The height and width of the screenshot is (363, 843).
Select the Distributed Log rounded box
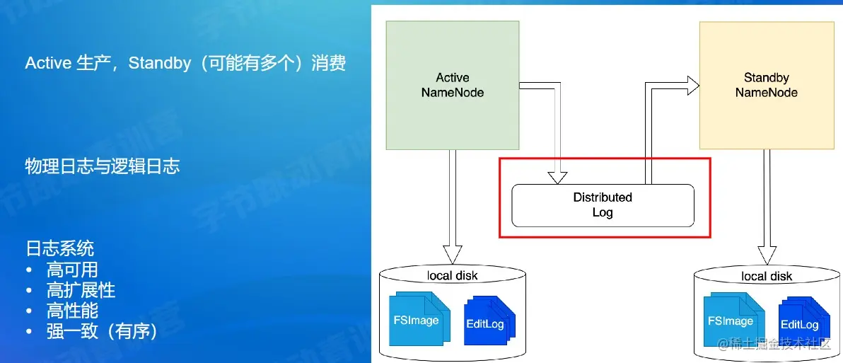point(603,205)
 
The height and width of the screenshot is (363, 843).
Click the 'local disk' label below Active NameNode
point(452,275)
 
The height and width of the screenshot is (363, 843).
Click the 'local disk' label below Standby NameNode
point(767,276)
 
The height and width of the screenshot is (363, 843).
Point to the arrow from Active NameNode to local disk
point(453,205)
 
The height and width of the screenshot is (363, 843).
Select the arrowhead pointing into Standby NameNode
point(691,86)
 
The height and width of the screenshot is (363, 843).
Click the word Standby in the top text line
point(160,63)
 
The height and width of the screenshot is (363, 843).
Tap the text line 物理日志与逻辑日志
point(103,166)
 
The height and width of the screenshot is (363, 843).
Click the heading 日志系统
point(59,248)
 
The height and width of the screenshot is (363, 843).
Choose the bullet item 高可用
point(72,270)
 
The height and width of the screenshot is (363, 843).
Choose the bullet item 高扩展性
point(81,290)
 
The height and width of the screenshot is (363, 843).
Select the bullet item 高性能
point(72,311)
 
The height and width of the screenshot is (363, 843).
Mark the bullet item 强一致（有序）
point(102,331)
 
